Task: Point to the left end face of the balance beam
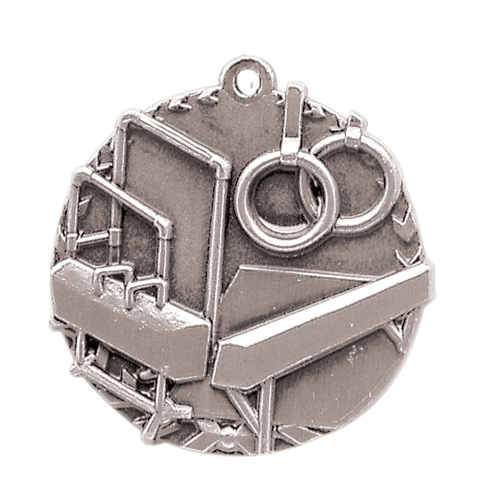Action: tap(216, 366)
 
